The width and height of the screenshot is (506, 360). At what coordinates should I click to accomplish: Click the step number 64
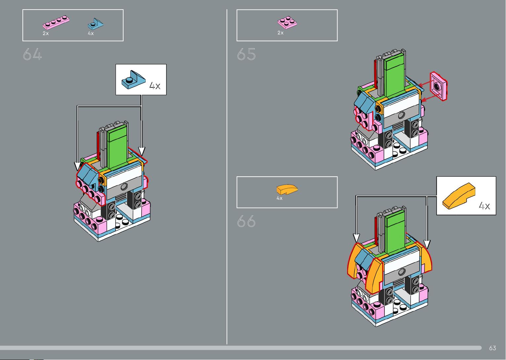click(32, 54)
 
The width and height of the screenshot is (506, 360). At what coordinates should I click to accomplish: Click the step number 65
click(246, 54)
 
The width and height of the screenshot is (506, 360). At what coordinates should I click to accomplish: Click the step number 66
click(246, 221)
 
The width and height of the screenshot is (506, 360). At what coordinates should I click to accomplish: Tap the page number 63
click(492, 348)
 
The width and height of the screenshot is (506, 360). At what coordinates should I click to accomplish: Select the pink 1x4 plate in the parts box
click(56, 22)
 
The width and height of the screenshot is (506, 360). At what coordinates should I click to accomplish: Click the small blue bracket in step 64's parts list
click(95, 24)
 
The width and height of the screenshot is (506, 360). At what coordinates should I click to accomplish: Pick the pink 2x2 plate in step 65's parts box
click(287, 22)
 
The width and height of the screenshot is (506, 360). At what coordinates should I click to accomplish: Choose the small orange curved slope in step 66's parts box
click(287, 190)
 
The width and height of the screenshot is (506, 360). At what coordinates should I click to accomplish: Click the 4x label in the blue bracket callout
click(155, 86)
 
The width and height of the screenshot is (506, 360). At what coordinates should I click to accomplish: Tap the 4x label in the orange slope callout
click(485, 206)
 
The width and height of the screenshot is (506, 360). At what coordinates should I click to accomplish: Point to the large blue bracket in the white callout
click(133, 80)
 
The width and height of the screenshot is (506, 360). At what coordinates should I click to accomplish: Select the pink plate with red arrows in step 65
click(439, 86)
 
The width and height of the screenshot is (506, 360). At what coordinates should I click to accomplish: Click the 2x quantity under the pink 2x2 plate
click(280, 33)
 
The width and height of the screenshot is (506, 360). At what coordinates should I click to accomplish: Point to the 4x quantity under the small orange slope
click(279, 198)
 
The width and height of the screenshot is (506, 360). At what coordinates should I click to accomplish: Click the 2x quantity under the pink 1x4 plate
click(46, 33)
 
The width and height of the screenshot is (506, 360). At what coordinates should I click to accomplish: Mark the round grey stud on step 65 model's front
click(401, 115)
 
